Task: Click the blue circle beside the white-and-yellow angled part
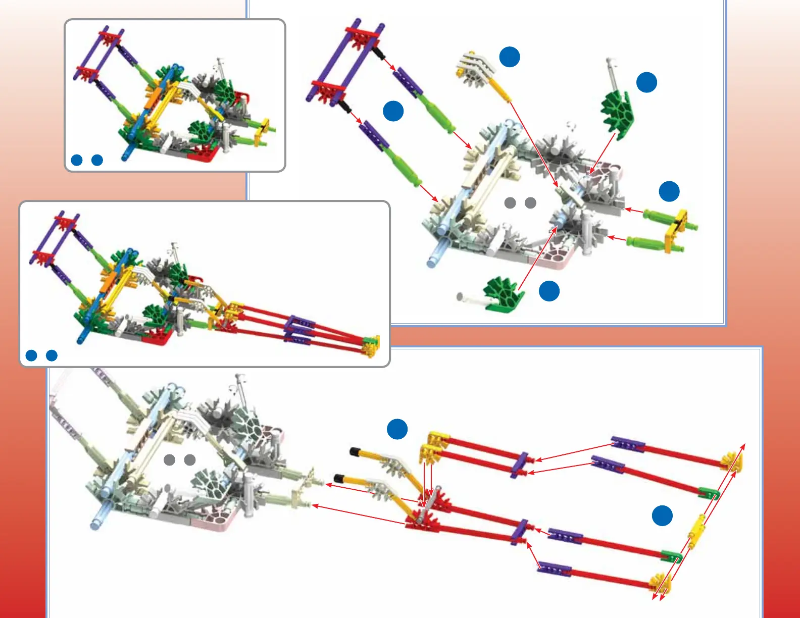(510, 57)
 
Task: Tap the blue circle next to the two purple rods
(393, 111)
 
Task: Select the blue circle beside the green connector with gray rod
(646, 82)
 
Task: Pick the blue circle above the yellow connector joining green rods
(669, 191)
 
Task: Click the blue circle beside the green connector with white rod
(549, 291)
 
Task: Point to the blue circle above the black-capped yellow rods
(397, 429)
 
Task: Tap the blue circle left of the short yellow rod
(662, 516)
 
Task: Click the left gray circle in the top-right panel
(510, 203)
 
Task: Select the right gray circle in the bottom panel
(190, 460)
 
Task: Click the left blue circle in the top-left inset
(77, 160)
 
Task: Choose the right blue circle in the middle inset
(52, 355)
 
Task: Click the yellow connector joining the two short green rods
(676, 230)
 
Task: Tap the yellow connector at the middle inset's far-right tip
(371, 345)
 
